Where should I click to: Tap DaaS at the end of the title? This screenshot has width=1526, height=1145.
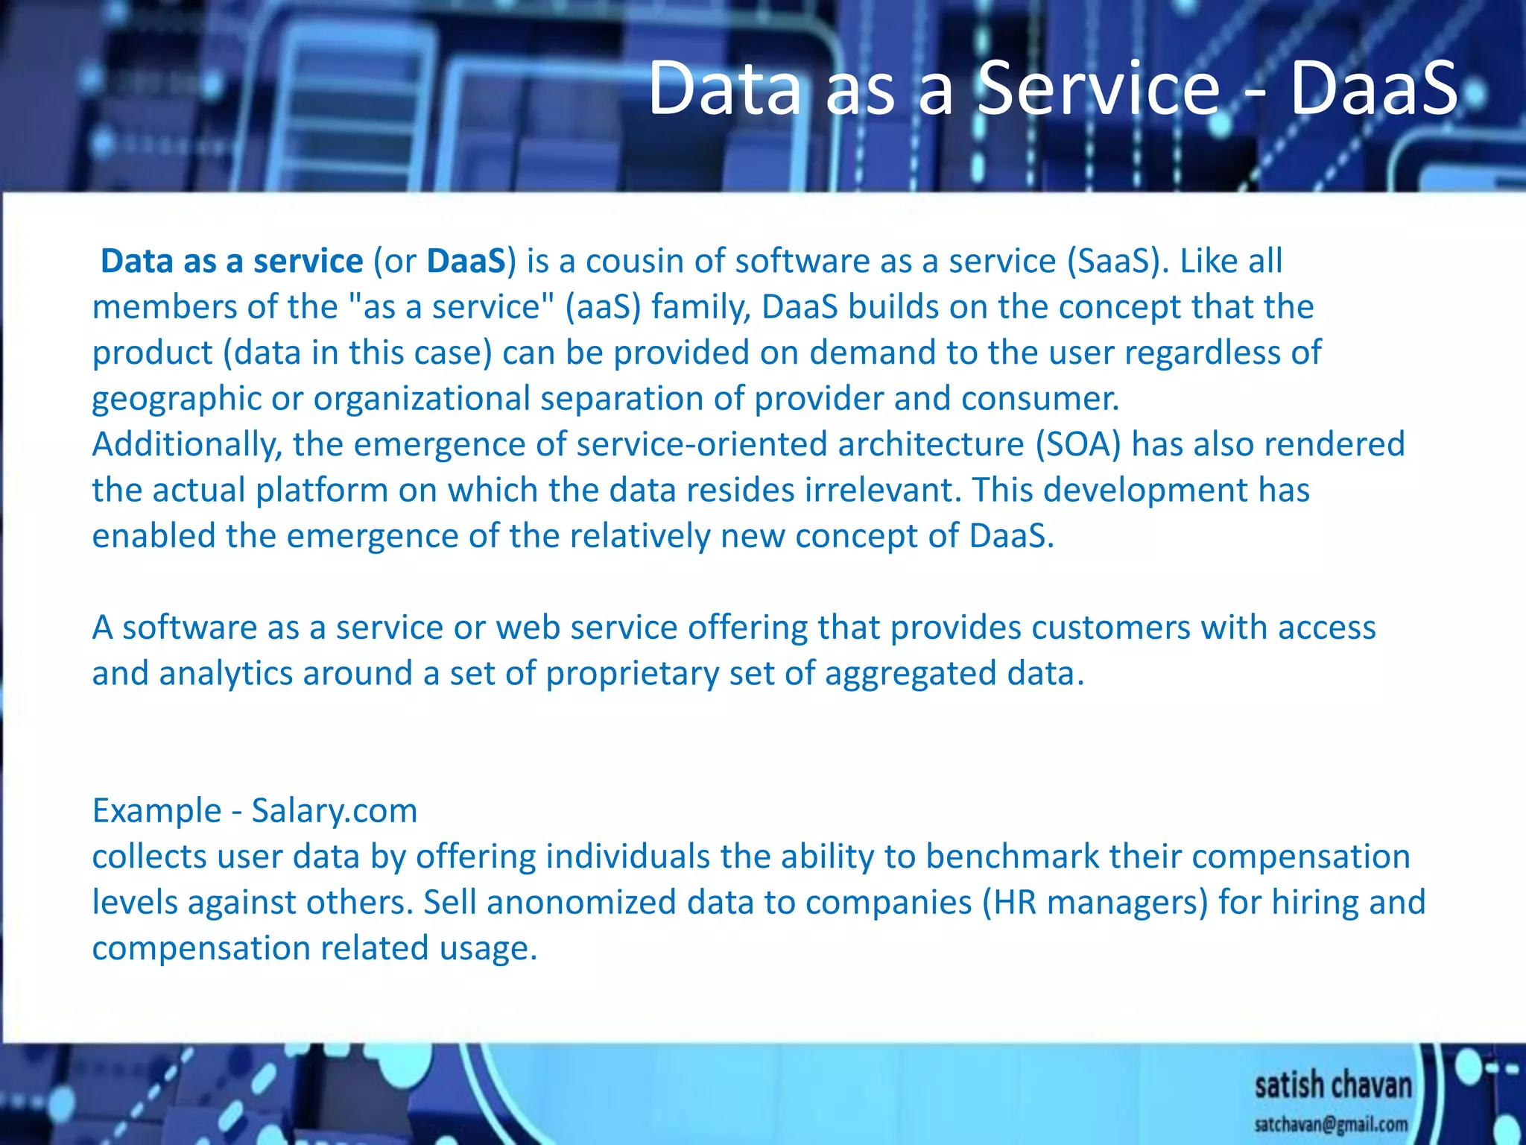pyautogui.click(x=1373, y=89)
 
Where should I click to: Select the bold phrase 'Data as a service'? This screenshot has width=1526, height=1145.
pyautogui.click(x=232, y=262)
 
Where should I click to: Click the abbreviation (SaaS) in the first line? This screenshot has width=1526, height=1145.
pyautogui.click(x=1113, y=262)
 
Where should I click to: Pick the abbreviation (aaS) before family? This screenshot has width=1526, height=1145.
pyautogui.click(x=603, y=307)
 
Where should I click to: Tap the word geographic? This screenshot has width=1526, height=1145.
pyautogui.click(x=176, y=399)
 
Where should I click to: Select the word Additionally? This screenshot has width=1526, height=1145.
pyautogui.click(x=187, y=445)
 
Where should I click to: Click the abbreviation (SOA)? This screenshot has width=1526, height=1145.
pyautogui.click(x=1078, y=445)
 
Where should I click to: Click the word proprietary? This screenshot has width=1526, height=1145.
pyautogui.click(x=632, y=674)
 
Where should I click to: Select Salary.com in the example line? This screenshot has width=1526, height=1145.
pyautogui.click(x=335, y=811)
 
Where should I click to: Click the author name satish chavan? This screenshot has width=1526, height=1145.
pyautogui.click(x=1332, y=1085)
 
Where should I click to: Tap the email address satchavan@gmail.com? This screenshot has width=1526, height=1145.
pyautogui.click(x=1331, y=1124)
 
